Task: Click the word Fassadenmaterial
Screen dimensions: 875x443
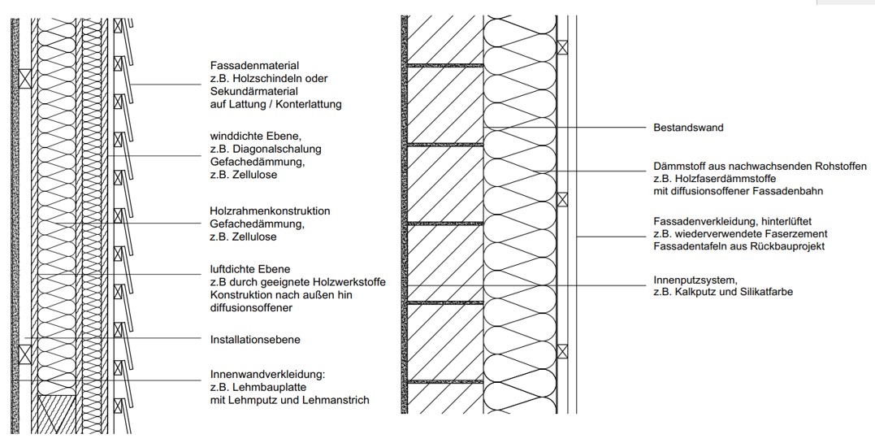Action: [254, 65]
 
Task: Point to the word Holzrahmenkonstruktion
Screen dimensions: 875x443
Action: [270, 211]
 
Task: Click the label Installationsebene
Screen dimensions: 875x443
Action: [255, 340]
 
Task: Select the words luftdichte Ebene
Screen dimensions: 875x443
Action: [250, 269]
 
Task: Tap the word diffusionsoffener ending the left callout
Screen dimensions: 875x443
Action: [251, 308]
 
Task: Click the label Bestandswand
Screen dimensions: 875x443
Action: [688, 128]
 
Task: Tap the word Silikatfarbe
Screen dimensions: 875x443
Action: [765, 292]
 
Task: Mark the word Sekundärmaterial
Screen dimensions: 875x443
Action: [254, 91]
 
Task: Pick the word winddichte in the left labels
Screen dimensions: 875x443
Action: [235, 137]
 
